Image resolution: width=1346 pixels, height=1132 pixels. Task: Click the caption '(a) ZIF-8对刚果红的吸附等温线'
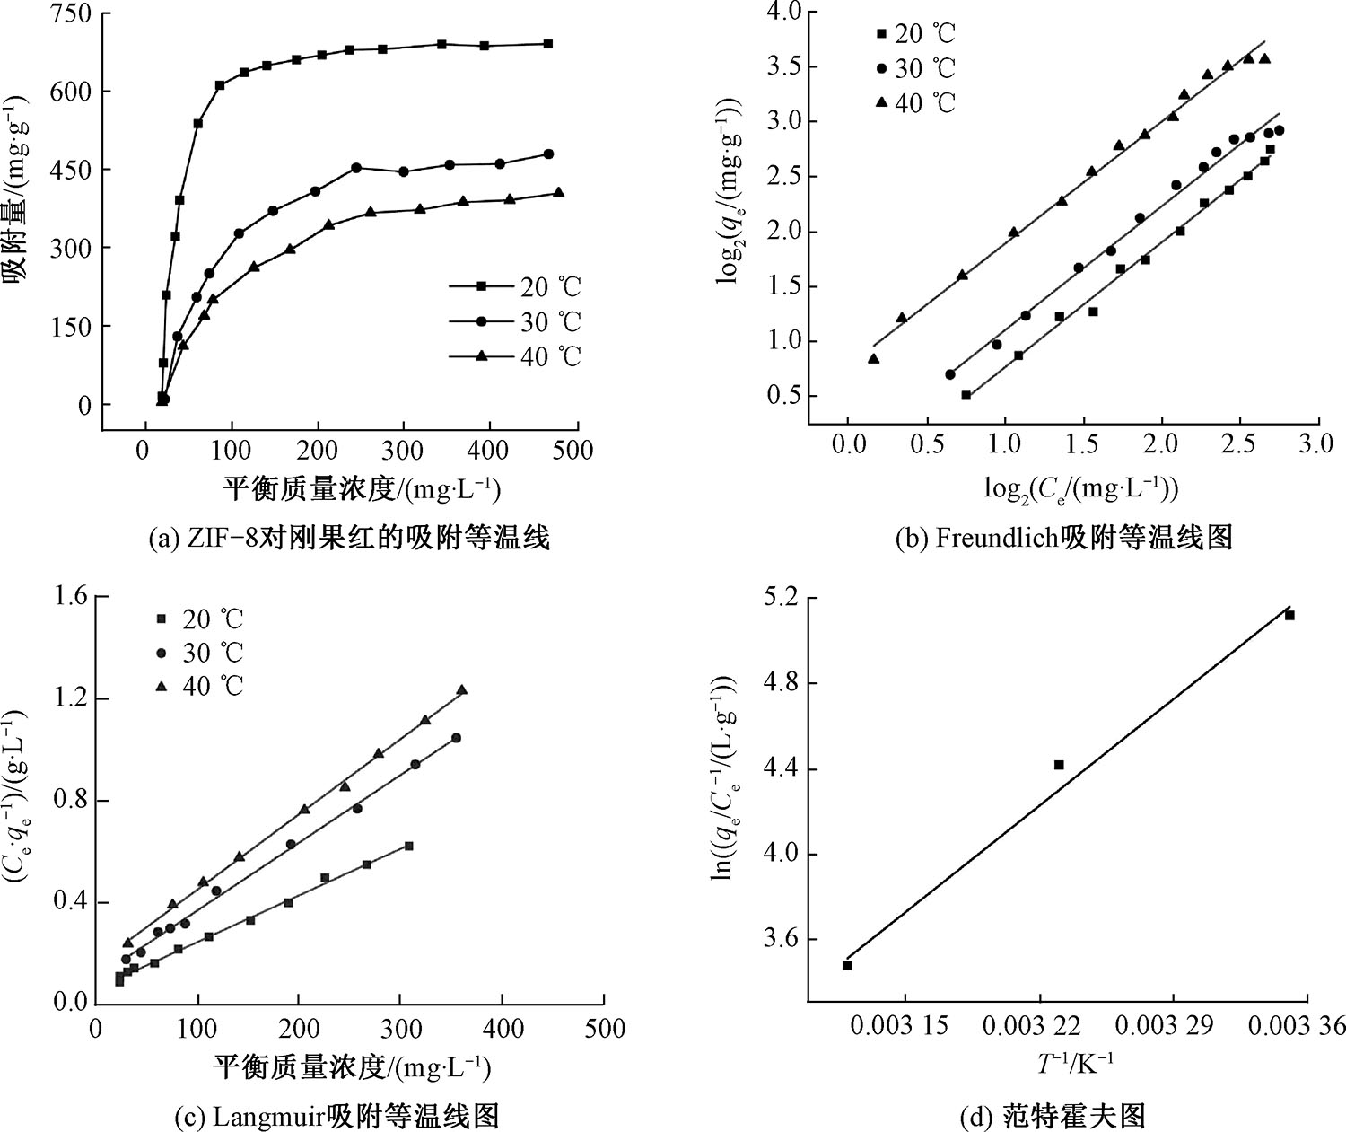click(349, 539)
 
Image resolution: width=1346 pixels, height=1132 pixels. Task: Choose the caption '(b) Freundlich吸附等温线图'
click(1064, 538)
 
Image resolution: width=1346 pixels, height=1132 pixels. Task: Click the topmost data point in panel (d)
click(1289, 615)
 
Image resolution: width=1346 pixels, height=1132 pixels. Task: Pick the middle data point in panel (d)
click(1059, 765)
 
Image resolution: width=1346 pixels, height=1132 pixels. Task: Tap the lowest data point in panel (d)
click(847, 965)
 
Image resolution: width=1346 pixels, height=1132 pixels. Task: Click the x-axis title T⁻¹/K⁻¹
click(1075, 1064)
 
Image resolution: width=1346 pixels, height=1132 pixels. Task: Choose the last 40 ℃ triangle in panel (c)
click(462, 689)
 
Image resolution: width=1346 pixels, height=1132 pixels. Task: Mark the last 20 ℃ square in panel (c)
click(408, 846)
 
